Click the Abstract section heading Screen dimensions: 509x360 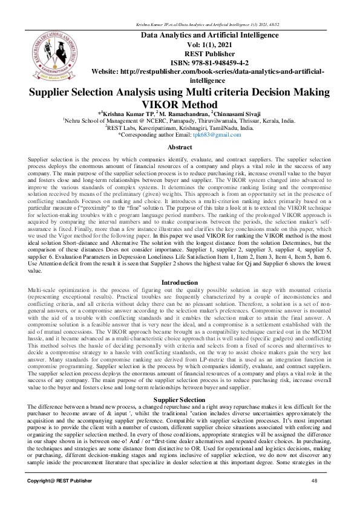[x=179, y=148]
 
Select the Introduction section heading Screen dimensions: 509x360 [x=179, y=282]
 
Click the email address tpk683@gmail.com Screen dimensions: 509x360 [x=222, y=135]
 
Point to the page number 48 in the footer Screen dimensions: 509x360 [x=314, y=497]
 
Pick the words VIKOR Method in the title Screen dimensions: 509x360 [x=180, y=103]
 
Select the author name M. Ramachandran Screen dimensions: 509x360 [x=181, y=114]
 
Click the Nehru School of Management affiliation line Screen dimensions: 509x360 [x=180, y=121]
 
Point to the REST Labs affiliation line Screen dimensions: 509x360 [x=180, y=128]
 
